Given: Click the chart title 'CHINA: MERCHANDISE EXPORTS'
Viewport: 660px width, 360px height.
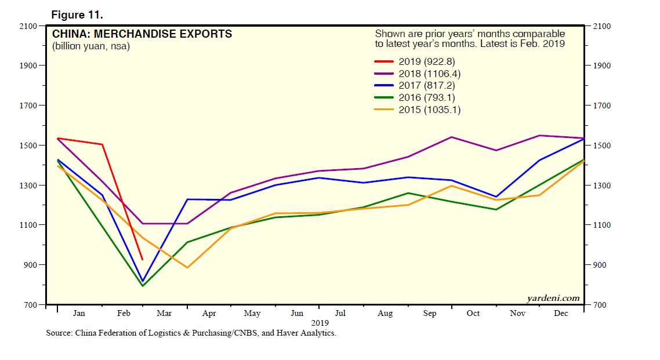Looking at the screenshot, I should [x=142, y=34].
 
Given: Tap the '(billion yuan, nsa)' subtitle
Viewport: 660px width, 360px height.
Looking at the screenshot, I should [x=91, y=46].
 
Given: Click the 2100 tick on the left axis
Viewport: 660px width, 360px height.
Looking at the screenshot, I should [x=27, y=26].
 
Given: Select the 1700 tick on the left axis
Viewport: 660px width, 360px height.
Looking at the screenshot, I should [x=27, y=106].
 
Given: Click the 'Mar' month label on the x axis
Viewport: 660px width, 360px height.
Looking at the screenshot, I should [x=164, y=314].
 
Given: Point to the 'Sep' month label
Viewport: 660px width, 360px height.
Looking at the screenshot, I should [x=430, y=314].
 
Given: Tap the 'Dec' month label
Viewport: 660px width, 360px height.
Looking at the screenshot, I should [x=561, y=314].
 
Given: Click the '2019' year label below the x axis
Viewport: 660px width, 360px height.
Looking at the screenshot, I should [x=320, y=323].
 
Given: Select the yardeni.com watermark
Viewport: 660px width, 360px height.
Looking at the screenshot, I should [x=553, y=299].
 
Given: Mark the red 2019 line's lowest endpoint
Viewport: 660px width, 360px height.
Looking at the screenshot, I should [x=142, y=260].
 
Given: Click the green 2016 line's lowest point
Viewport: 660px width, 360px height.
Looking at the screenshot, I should [x=142, y=286].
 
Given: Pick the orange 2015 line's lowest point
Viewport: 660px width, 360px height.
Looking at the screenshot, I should [x=187, y=268].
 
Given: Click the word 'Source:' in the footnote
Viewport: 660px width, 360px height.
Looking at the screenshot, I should [x=60, y=333].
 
